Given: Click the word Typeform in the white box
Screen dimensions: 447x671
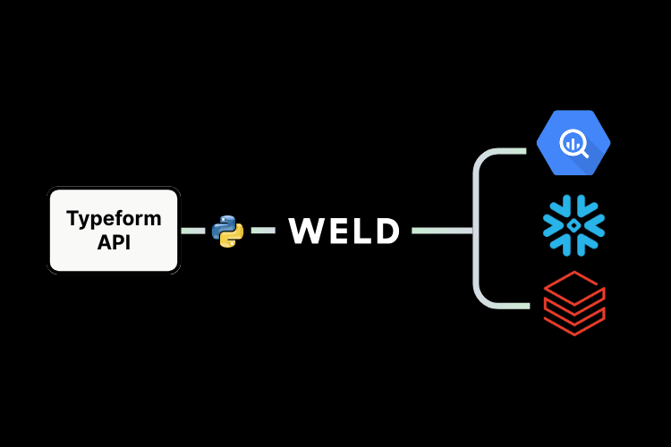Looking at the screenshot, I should coord(114,218).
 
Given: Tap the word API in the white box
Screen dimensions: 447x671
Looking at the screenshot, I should coord(114,241).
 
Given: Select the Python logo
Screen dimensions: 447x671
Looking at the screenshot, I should coord(227,231).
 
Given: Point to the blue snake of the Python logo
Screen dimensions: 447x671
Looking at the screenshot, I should coord(223,224).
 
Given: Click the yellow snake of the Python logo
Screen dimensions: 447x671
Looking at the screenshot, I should coord(233,238).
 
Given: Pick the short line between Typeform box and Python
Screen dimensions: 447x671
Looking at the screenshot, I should coord(193,231).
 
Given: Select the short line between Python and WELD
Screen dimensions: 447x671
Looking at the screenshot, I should coord(262,231).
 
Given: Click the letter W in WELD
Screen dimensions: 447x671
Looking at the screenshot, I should coord(307,232).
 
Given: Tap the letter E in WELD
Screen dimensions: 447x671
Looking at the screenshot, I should coord(337,232).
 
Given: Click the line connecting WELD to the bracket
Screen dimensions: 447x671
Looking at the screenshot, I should coord(442,231).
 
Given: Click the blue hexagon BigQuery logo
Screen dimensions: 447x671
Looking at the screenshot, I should coord(573,142).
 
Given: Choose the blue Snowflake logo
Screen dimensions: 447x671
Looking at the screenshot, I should coord(573,224).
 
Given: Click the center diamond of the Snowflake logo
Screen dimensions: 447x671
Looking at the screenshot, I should coord(573,225).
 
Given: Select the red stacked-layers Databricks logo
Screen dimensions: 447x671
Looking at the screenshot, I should coord(573,304).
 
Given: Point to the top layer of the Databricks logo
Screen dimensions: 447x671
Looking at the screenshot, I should coord(573,285).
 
